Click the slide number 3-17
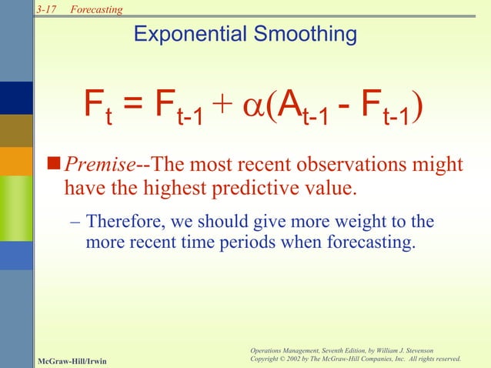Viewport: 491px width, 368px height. pos(47,8)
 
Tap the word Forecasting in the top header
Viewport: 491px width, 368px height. pos(96,8)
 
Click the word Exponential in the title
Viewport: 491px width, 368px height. pos(192,35)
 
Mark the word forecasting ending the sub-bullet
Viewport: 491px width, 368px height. pos(372,243)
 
